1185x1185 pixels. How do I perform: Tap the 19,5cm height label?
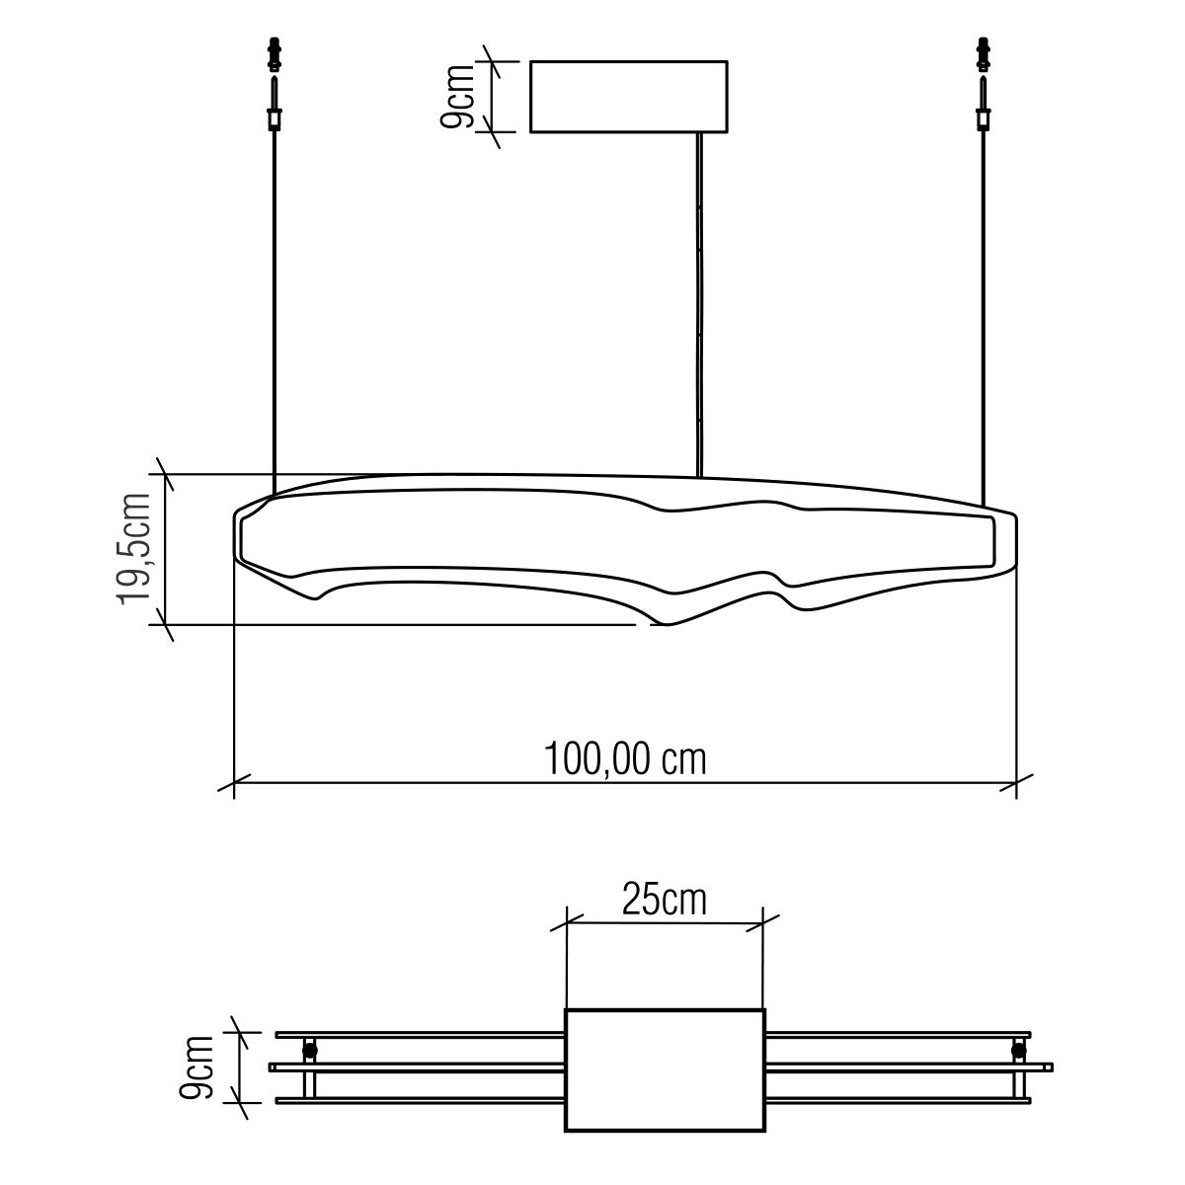(x=134, y=548)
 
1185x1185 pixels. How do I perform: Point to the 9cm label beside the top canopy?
(x=458, y=96)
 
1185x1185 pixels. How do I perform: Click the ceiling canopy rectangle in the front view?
(x=628, y=97)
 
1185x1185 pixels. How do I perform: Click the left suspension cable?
(x=275, y=312)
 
